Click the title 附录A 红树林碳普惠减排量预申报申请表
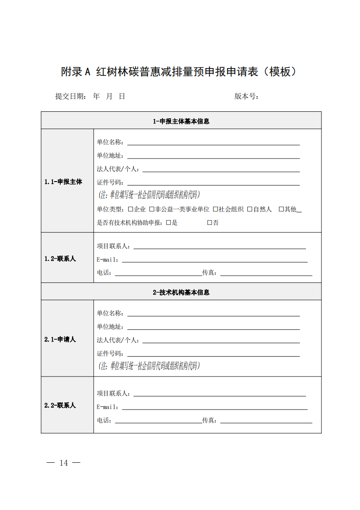[x=179, y=72]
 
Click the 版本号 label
[x=246, y=97]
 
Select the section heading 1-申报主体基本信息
[x=181, y=121]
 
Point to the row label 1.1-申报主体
[x=63, y=182]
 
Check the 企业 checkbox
[x=131, y=209]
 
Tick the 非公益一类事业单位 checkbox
[x=152, y=209]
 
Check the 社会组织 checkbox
[x=215, y=209]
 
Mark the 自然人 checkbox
[x=250, y=209]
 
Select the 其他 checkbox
[x=281, y=209]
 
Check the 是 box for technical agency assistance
[x=169, y=223]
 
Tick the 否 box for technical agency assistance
[x=210, y=223]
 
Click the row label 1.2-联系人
[x=60, y=259]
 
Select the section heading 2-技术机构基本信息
[x=181, y=292]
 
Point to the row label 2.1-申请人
[x=60, y=340]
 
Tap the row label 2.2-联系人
[x=60, y=406]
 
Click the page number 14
[x=64, y=463]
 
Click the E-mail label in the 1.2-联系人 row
[x=108, y=260]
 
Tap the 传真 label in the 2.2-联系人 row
[x=210, y=420]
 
